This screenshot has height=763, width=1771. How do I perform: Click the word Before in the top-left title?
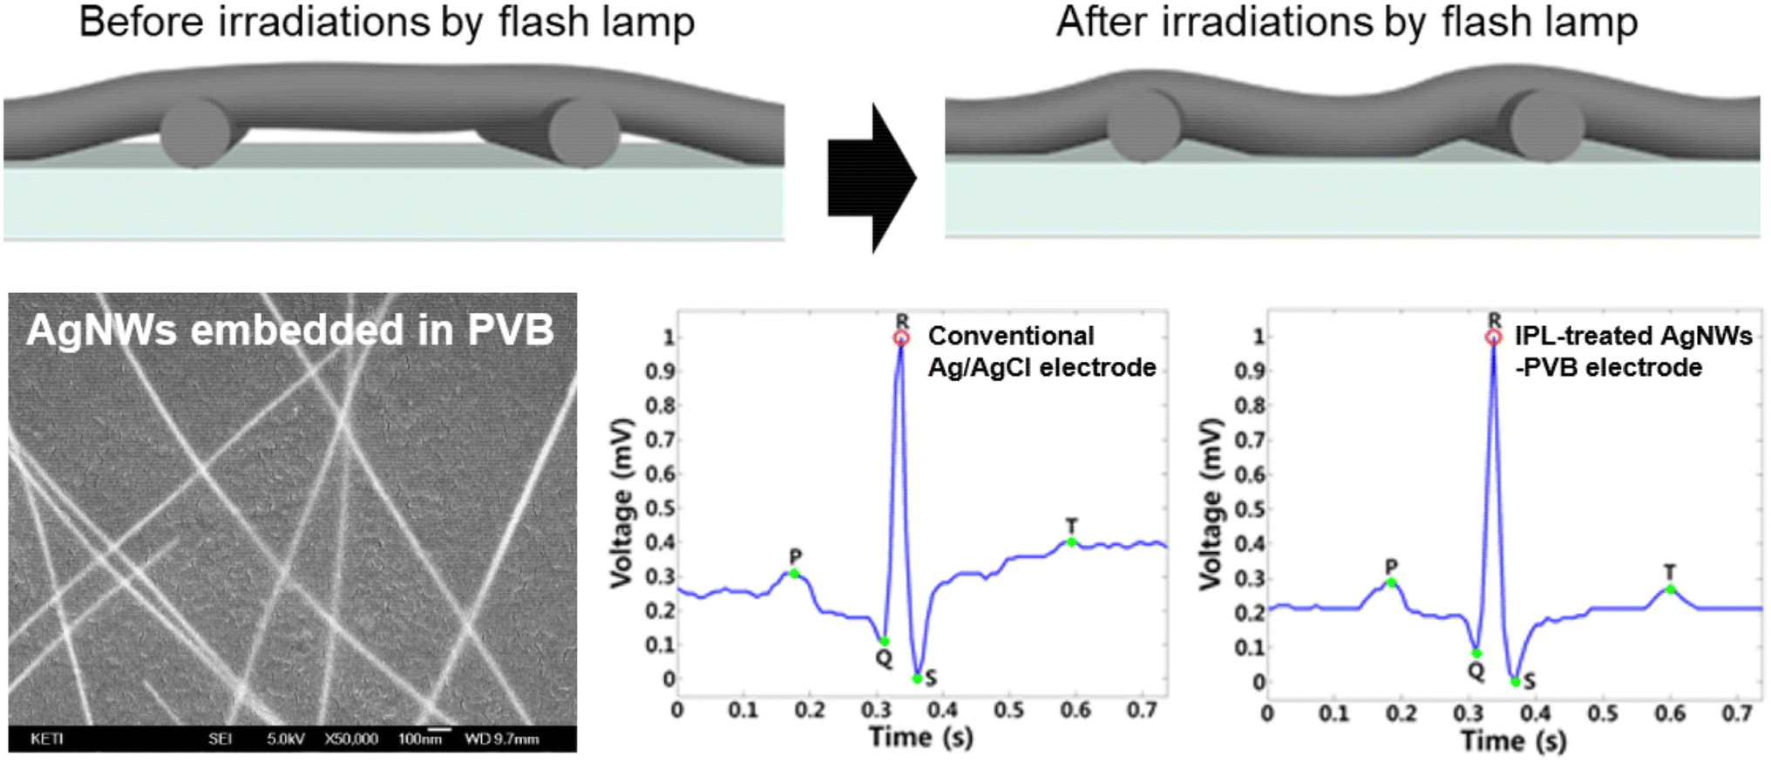tap(140, 23)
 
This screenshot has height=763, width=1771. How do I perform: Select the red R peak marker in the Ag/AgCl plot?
tap(901, 337)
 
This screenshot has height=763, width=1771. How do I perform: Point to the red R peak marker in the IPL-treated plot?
tap(1494, 337)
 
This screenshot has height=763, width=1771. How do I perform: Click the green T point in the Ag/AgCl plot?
tap(1071, 542)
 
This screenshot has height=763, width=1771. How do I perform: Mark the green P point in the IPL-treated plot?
tap(1391, 582)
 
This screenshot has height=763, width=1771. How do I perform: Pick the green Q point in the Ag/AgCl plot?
tap(884, 642)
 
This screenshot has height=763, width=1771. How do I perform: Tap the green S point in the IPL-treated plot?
tap(1516, 682)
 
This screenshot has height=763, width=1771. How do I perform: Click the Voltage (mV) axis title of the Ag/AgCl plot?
tap(621, 504)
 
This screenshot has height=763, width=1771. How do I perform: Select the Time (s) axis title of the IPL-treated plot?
tap(1513, 741)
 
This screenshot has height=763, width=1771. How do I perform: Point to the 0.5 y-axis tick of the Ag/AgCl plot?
tap(659, 508)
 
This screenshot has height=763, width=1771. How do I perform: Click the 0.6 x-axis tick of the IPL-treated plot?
tap(1670, 713)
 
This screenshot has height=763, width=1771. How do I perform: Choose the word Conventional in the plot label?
tap(1010, 336)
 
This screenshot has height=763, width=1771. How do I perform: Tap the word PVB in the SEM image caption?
tap(510, 330)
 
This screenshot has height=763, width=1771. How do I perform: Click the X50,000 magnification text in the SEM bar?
tap(351, 739)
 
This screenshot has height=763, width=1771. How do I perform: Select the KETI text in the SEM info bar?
tap(47, 739)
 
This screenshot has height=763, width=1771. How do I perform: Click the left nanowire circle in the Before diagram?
tap(195, 133)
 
